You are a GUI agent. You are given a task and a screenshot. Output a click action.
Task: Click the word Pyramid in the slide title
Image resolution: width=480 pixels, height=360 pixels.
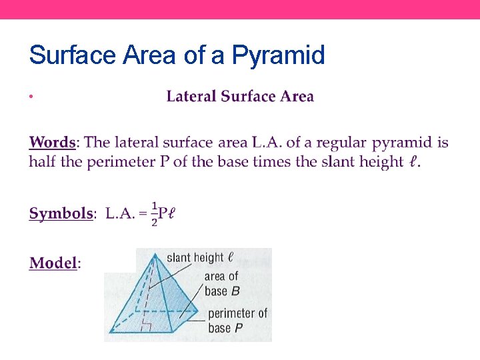pyautogui.click(x=278, y=55)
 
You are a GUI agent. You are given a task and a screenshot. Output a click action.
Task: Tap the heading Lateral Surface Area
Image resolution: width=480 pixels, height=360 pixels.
pyautogui.click(x=240, y=97)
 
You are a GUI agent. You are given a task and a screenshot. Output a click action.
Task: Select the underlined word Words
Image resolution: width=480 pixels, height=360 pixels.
pyautogui.click(x=53, y=143)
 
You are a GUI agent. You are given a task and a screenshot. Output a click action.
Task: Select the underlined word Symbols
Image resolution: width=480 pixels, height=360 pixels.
pyautogui.click(x=61, y=214)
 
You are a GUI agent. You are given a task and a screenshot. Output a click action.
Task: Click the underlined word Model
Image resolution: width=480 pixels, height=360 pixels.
pyautogui.click(x=53, y=263)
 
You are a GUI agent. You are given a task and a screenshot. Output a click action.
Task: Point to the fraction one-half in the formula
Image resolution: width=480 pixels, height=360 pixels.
pyautogui.click(x=154, y=214)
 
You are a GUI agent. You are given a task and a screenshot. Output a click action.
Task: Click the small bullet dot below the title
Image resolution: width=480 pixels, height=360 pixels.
pyautogui.click(x=31, y=97)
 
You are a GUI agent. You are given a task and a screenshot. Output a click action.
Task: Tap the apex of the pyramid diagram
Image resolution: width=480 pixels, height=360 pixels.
pyautogui.click(x=155, y=253)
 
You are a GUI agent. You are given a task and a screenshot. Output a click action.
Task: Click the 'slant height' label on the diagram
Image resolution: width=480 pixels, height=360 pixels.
pyautogui.click(x=195, y=258)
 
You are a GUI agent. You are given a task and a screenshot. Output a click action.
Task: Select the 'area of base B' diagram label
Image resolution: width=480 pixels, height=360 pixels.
pyautogui.click(x=221, y=283)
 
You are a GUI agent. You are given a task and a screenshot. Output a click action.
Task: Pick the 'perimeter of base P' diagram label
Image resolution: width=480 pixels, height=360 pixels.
pyautogui.click(x=237, y=320)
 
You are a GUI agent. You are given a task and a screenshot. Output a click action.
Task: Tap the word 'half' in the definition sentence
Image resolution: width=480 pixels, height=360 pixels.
pyautogui.click(x=43, y=162)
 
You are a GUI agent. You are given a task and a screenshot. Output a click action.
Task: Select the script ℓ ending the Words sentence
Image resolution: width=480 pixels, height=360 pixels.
pyautogui.click(x=413, y=162)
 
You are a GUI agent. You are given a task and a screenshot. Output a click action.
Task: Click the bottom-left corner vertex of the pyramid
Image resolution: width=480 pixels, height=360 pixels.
pyautogui.click(x=111, y=331)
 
